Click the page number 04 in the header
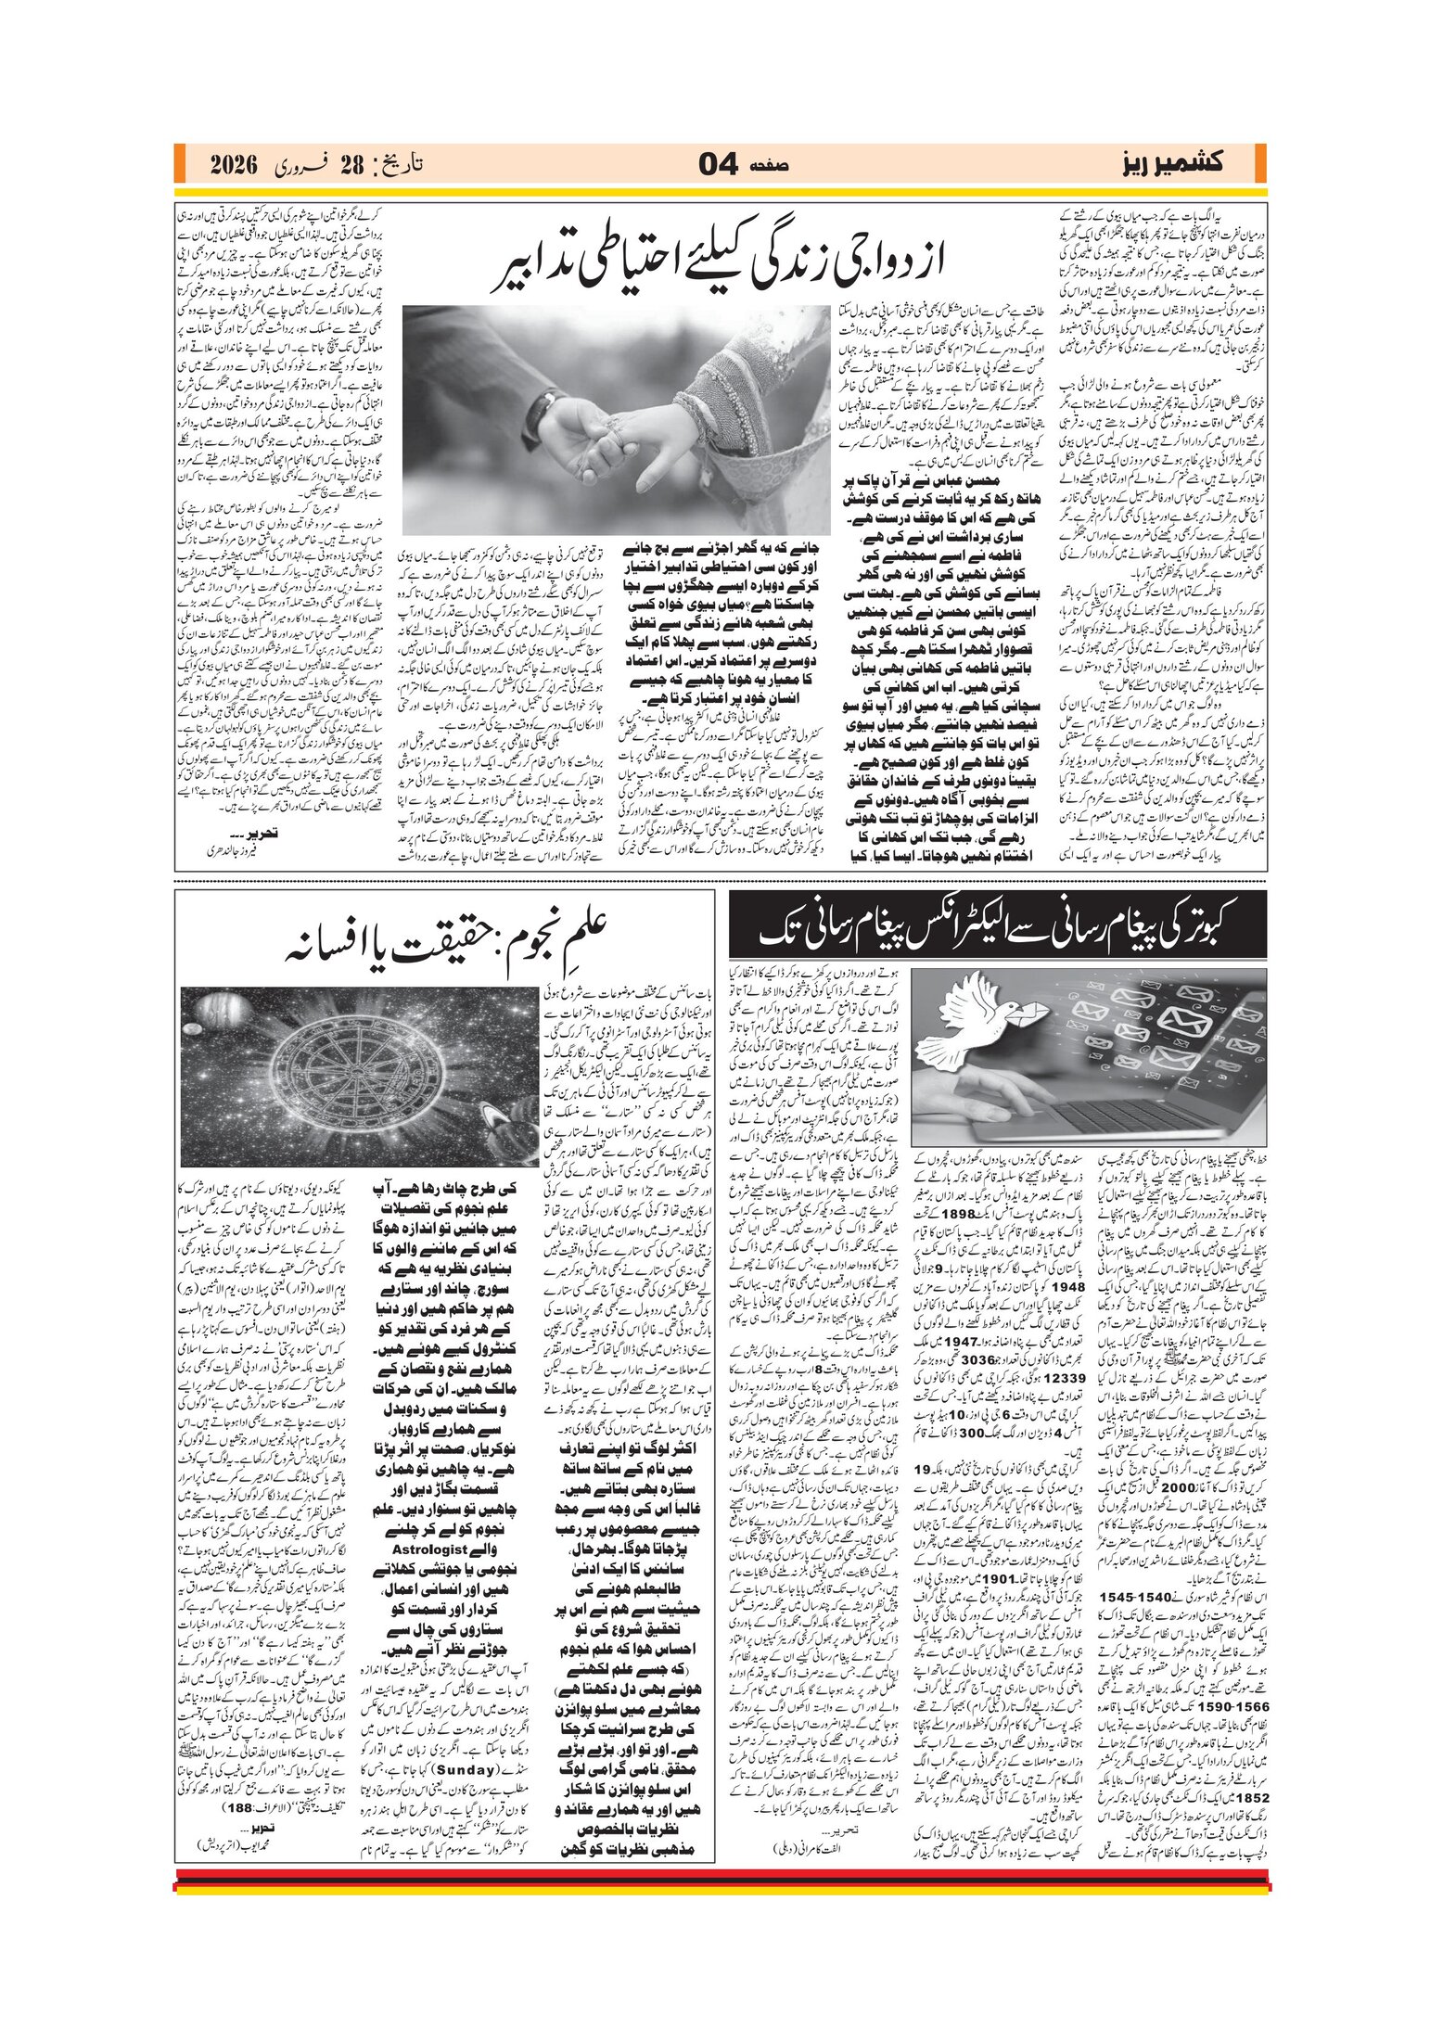718,165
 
